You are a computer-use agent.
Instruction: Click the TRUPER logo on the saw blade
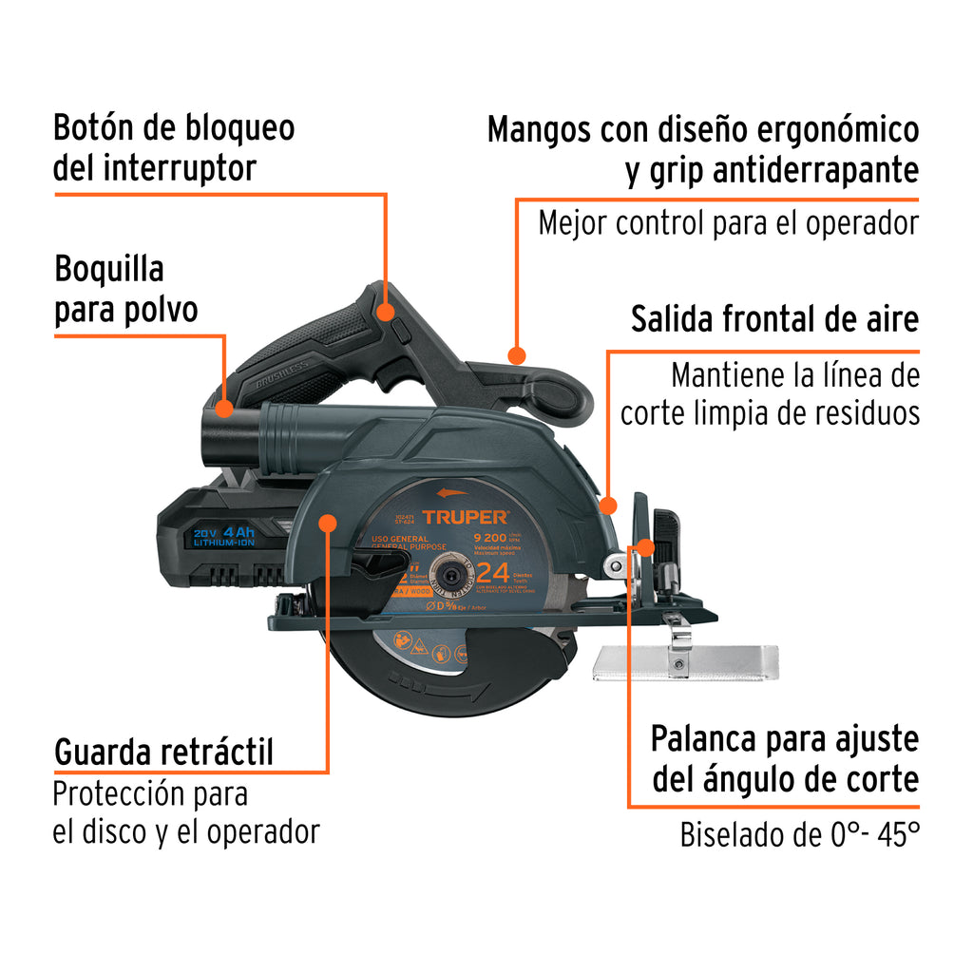coord(466,518)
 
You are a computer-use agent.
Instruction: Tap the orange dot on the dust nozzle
coord(223,409)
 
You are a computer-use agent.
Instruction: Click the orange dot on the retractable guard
coord(328,524)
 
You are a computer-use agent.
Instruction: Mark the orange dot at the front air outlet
coord(608,505)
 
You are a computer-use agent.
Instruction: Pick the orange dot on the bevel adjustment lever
coord(646,547)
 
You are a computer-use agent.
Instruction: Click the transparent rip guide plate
coord(684,662)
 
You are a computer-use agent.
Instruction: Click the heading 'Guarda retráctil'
coord(163,752)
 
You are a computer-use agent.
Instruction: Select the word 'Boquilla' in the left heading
coord(108,269)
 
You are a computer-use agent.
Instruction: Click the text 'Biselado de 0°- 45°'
coord(799,835)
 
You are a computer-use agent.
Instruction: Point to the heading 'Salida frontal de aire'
coord(774,319)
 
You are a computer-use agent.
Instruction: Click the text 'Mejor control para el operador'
coord(728,223)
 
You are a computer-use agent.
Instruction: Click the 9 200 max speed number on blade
coord(494,536)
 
